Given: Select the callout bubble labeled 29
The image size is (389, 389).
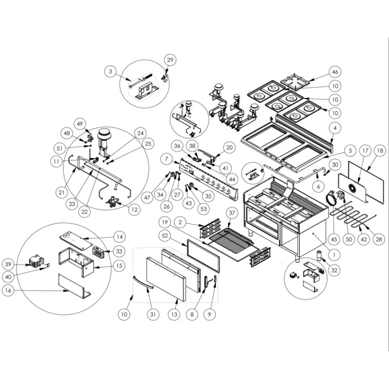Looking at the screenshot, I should tap(170, 60).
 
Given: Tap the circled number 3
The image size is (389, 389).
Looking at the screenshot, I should tap(110, 72).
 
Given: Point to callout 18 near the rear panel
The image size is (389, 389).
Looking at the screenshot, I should tap(380, 151).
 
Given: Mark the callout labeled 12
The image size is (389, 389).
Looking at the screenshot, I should tap(135, 210).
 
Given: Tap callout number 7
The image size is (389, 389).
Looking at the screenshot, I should tap(166, 159).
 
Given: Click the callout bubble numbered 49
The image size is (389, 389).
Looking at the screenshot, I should tap(80, 124).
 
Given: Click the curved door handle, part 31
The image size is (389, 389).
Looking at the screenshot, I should tap(142, 282).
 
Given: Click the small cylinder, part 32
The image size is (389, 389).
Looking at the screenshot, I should tap(320, 256).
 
